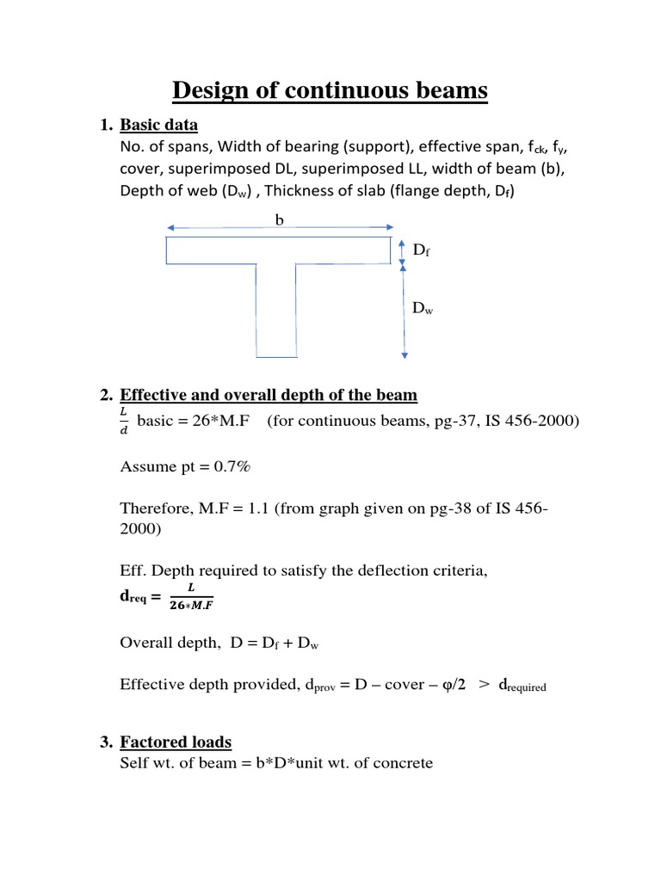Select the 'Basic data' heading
158,125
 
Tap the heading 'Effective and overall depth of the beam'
269,395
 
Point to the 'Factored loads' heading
176,742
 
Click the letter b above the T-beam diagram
278,220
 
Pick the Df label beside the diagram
421,250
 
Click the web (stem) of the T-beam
277,310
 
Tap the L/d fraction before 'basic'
126,422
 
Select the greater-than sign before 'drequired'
485,684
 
